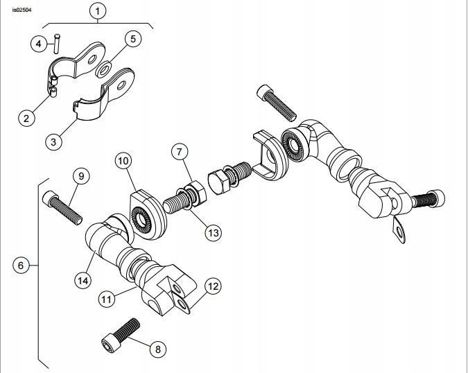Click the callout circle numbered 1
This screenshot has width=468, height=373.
(x=99, y=11)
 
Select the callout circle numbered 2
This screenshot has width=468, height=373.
(x=26, y=117)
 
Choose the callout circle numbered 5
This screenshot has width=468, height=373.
(x=134, y=38)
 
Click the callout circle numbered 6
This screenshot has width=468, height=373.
(x=21, y=265)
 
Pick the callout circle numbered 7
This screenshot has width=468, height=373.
(x=179, y=150)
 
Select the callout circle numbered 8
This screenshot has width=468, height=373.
(x=157, y=349)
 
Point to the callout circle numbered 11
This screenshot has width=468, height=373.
(x=106, y=300)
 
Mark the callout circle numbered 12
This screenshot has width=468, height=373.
(x=213, y=285)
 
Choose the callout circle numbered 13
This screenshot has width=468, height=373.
(x=212, y=233)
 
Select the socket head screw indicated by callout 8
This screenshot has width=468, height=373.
(x=120, y=333)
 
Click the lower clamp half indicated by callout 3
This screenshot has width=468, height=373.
(x=94, y=111)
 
